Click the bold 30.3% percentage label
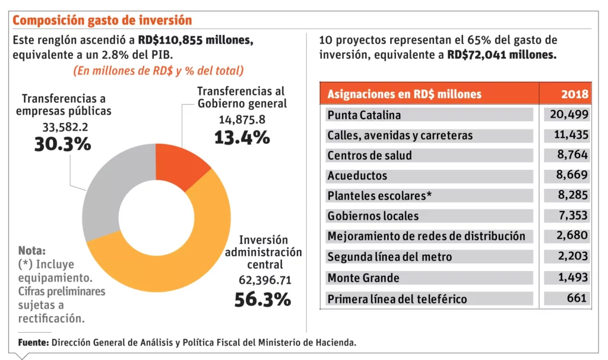tap(62, 144)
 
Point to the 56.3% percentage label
tap(262, 299)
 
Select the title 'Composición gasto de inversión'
tap(102, 20)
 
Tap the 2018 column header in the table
tap(575, 94)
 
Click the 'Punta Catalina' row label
tap(364, 115)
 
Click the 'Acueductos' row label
tap(357, 176)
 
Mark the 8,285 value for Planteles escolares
tap(571, 196)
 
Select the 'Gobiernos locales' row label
tap(373, 216)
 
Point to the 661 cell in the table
tap(577, 298)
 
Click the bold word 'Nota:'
tap(31, 250)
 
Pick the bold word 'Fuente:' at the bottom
tap(33, 343)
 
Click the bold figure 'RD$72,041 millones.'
tap(502, 55)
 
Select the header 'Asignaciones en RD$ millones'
tap(404, 94)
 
